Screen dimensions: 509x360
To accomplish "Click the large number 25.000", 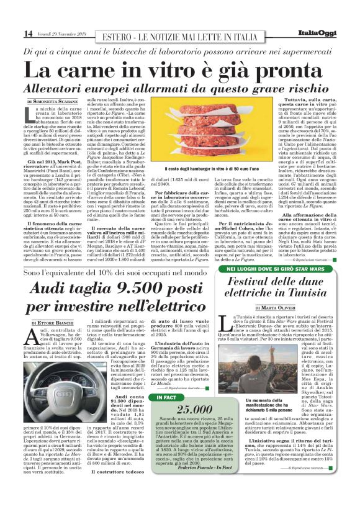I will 180,408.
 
